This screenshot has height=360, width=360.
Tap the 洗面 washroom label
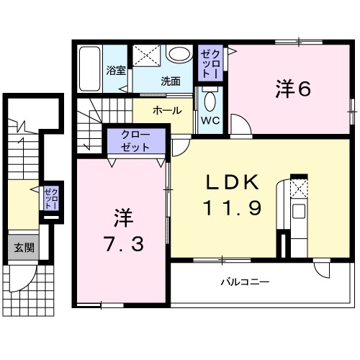[170, 81]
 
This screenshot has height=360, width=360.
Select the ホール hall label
[166, 112]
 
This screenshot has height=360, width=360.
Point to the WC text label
[211, 120]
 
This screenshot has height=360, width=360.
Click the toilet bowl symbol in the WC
[210, 100]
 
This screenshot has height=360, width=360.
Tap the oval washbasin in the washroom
[177, 55]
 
